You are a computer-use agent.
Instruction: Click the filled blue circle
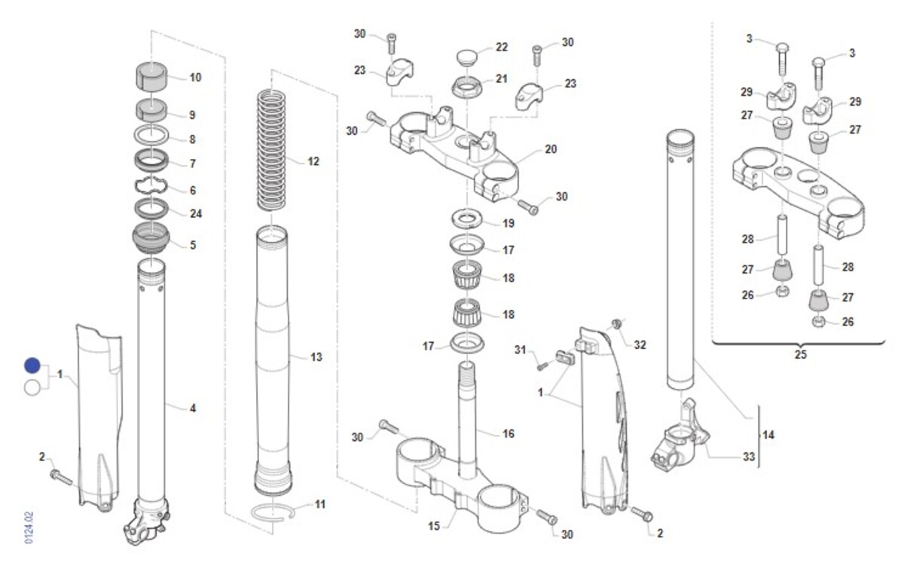coord(32,365)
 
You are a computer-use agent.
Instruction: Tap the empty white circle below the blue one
coord(32,388)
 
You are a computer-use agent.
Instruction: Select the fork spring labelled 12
coord(272,151)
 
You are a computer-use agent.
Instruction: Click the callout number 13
coord(316,357)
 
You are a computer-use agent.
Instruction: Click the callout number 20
coord(551,149)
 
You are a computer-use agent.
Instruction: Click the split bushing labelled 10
coord(151,76)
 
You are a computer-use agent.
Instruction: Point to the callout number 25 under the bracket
coord(801,354)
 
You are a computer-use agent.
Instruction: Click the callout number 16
coord(508,433)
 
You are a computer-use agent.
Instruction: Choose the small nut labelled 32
coord(616,323)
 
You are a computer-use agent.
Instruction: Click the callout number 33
coord(749,457)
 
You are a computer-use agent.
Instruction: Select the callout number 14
coord(768,435)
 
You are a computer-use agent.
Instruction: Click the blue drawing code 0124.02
coord(29,528)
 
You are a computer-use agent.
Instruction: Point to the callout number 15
coord(434,526)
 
